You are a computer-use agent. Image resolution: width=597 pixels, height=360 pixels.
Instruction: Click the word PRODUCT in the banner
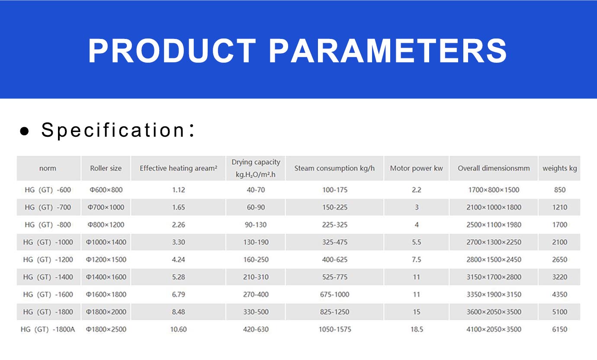pyautogui.click(x=172, y=51)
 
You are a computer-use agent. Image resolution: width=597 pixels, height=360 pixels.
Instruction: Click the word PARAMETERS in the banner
pyautogui.click(x=388, y=51)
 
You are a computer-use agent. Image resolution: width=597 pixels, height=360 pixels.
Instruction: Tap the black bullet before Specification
pyautogui.click(x=25, y=131)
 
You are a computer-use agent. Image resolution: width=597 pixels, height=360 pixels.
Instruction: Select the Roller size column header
pyautogui.click(x=106, y=168)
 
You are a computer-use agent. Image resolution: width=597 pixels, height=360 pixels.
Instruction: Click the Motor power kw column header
pyautogui.click(x=416, y=168)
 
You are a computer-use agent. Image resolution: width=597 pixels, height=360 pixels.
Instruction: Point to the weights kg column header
pyautogui.click(x=560, y=168)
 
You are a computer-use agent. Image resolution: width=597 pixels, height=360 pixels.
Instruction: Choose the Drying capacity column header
pyautogui.click(x=256, y=168)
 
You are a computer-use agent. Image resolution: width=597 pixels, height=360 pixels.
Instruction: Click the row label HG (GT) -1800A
pyautogui.click(x=48, y=329)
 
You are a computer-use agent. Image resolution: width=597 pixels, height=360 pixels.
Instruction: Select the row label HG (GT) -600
pyautogui.click(x=48, y=190)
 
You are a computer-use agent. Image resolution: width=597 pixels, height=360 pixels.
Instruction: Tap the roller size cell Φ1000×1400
pyautogui.click(x=106, y=242)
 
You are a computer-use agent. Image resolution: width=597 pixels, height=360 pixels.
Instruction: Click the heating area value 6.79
pyautogui.click(x=178, y=294)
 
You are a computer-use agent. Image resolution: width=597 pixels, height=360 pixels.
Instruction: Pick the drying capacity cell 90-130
pyautogui.click(x=256, y=225)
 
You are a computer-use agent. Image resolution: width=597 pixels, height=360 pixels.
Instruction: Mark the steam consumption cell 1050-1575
pyautogui.click(x=335, y=329)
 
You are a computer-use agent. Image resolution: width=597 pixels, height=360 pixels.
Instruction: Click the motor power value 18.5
pyautogui.click(x=417, y=329)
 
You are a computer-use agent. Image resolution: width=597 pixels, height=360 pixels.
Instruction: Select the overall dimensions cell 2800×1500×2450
pyautogui.click(x=494, y=260)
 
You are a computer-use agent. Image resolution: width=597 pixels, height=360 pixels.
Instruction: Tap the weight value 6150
pyautogui.click(x=560, y=329)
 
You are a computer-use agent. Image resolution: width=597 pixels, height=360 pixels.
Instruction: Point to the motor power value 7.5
pyautogui.click(x=417, y=260)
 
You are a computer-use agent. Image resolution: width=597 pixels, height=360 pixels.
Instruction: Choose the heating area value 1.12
pyautogui.click(x=178, y=190)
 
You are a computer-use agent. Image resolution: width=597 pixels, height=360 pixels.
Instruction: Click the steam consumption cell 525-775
pyautogui.click(x=335, y=277)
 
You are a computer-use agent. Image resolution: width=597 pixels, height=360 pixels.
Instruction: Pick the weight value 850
pyautogui.click(x=560, y=190)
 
